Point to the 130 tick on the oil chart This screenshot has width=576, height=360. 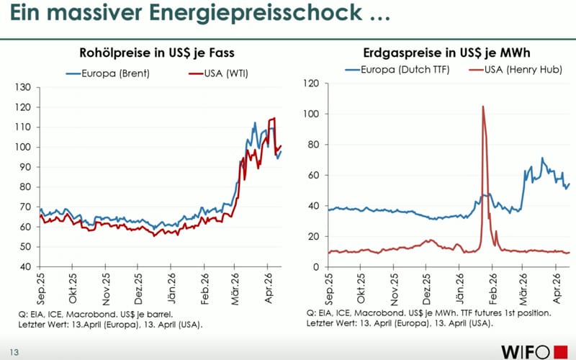[24, 87]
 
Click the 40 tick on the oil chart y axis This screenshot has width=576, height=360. [27, 266]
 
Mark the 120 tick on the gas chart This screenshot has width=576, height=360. [311, 84]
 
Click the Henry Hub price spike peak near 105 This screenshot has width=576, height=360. [482, 107]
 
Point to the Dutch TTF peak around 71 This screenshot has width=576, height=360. [542, 158]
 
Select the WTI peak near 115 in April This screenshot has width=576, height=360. [274, 118]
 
